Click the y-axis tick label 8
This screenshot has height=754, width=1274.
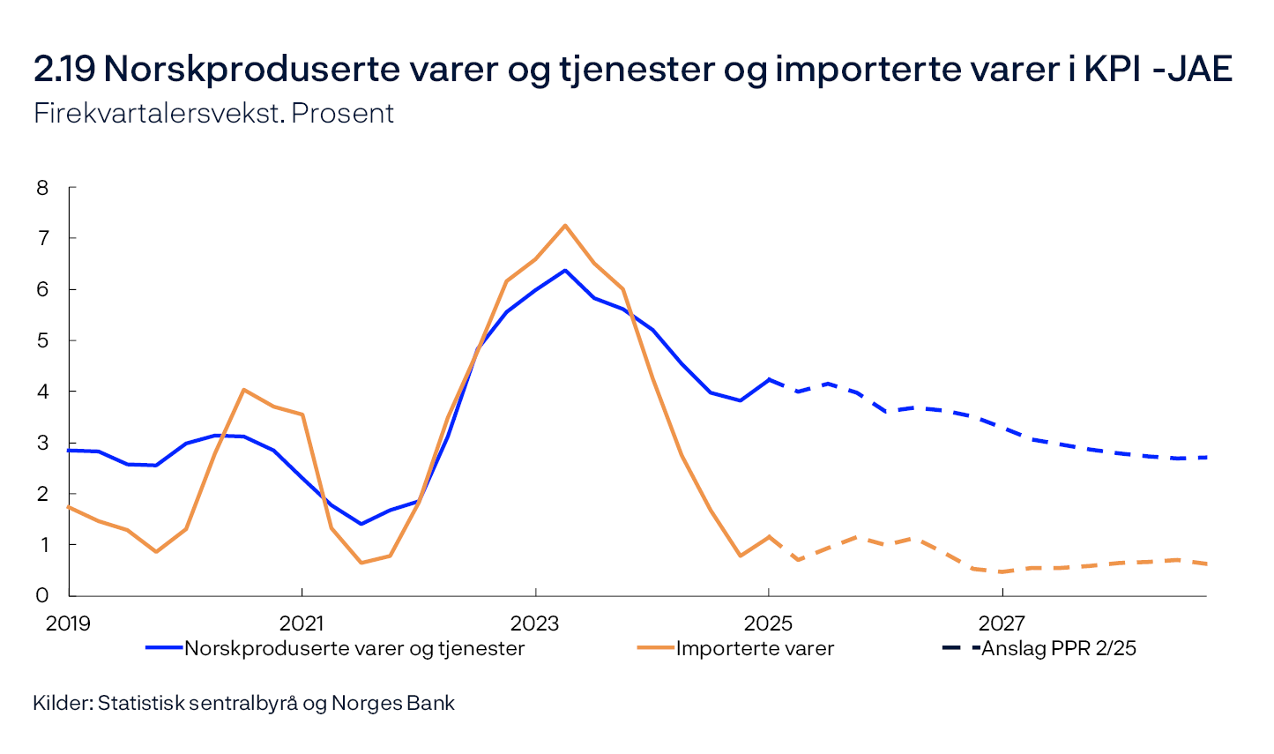pos(42,187)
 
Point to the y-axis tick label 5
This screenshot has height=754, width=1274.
pos(42,340)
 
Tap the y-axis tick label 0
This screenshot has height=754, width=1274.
pos(42,595)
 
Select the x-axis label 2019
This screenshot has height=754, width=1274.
pos(68,623)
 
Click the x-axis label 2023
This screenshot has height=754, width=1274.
pos(535,623)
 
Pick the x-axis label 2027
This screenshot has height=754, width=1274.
pos(1002,623)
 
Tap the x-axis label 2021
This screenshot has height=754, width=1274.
pos(302,623)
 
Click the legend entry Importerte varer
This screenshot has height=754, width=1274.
pos(755,649)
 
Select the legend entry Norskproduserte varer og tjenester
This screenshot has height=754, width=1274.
pos(354,649)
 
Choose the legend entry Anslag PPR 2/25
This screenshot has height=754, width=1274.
pos(1058,649)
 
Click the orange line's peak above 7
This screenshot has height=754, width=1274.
pos(564,225)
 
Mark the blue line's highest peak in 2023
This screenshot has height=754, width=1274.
pos(564,270)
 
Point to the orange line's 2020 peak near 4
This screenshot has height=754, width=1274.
pos(243,389)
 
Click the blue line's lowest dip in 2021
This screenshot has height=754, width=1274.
pos(361,524)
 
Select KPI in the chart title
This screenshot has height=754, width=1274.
pos(1113,69)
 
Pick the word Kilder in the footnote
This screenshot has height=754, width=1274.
pos(62,704)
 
